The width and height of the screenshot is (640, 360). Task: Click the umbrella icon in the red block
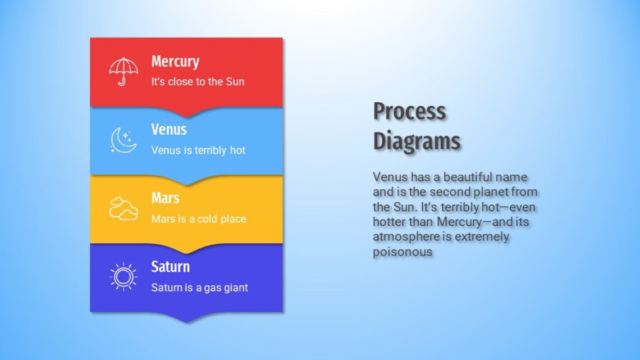click(124, 71)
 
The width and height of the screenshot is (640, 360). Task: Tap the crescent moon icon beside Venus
click(124, 140)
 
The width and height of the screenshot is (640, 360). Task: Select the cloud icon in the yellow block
click(124, 208)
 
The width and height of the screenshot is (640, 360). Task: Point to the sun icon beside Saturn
click(124, 277)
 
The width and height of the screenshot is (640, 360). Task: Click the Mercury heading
click(175, 62)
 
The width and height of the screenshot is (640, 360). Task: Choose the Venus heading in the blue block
click(169, 130)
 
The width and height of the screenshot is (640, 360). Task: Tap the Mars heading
click(165, 198)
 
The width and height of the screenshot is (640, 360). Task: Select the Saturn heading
click(171, 267)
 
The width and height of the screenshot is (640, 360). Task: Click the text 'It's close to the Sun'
click(198, 82)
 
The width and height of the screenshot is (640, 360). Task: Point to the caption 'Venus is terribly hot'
click(198, 151)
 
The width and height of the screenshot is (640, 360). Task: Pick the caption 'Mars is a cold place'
click(199, 219)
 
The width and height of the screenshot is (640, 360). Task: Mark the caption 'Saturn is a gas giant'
click(199, 288)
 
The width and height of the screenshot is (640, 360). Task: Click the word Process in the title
click(409, 111)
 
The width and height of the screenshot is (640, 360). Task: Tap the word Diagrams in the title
click(417, 140)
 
